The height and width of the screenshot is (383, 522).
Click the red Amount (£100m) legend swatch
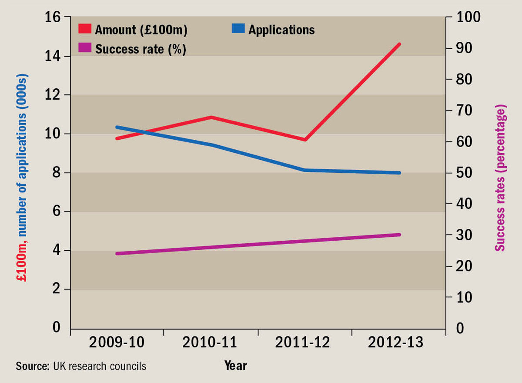pos(85,30)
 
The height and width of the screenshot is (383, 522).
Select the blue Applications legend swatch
pos(238,30)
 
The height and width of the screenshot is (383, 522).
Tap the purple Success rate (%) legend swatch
pos(85,48)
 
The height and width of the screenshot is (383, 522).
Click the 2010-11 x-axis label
pos(210,343)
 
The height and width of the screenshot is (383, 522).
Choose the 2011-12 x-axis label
pos(303,343)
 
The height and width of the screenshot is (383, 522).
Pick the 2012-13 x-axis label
pos(395,343)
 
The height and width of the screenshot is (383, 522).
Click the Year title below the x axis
pos(235,366)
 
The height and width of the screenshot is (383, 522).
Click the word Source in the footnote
pos(32,366)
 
